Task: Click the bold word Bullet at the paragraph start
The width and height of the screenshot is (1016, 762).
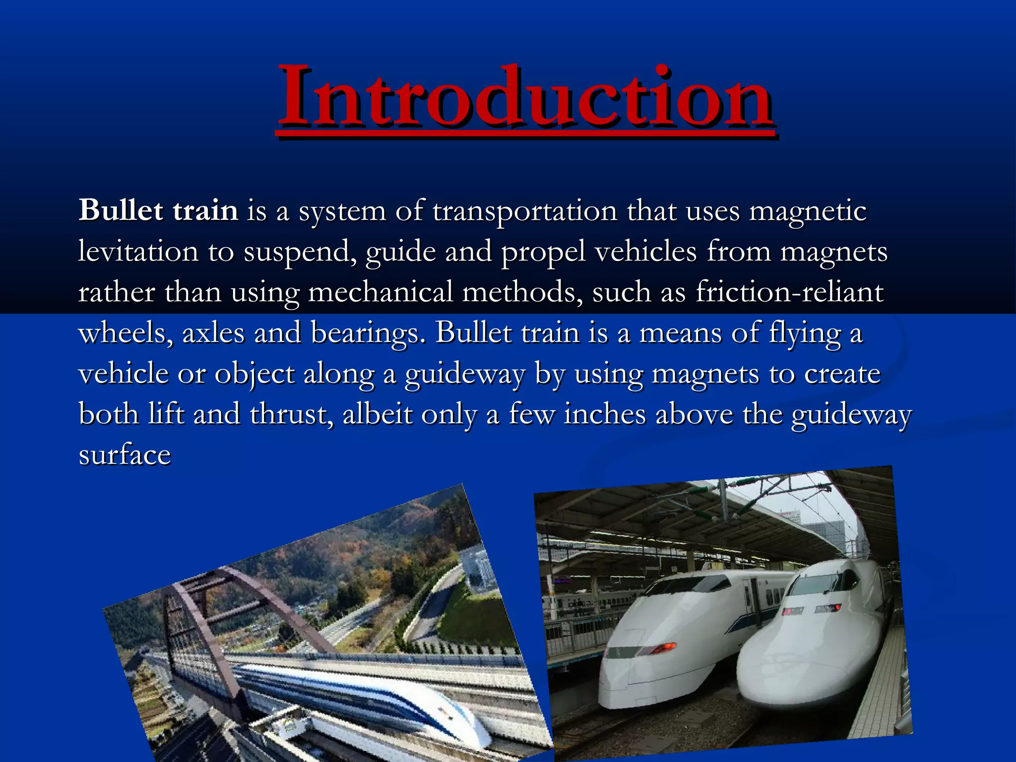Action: pos(121,210)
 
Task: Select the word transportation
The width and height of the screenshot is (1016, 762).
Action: pos(525,211)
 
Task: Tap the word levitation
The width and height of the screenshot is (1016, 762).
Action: pos(138,252)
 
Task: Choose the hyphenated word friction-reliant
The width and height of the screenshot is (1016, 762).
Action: pos(789,292)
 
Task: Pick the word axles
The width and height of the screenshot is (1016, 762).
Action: pos(213,333)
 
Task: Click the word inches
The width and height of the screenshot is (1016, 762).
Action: pos(605,414)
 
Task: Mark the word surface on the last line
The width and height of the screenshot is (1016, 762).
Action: pos(125,455)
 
